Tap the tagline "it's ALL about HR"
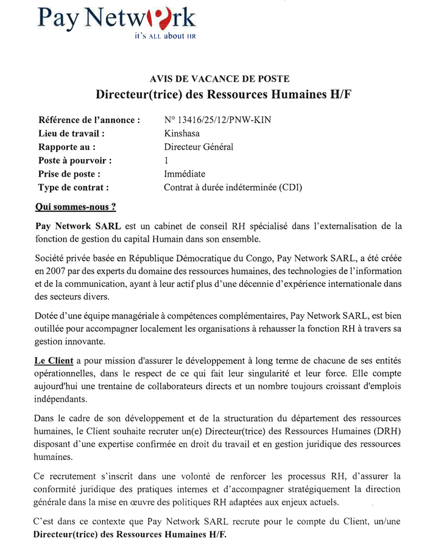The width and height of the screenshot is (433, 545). pyautogui.click(x=165, y=37)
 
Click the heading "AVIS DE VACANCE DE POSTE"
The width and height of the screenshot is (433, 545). pyautogui.click(x=219, y=79)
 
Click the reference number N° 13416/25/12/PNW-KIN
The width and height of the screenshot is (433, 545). pyautogui.click(x=217, y=120)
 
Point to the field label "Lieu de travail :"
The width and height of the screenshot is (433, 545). pyautogui.click(x=71, y=133)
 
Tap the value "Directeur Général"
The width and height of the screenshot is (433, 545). pyautogui.click(x=199, y=147)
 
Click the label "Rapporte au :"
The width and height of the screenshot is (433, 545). pyautogui.click(x=67, y=147)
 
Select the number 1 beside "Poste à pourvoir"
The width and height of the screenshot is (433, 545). pyautogui.click(x=166, y=161)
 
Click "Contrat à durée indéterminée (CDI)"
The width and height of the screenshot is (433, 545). pyautogui.click(x=233, y=188)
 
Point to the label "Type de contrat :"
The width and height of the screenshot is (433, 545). pyautogui.click(x=74, y=188)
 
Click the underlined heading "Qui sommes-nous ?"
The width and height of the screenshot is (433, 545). pyautogui.click(x=76, y=207)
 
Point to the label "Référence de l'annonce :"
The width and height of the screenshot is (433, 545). pyautogui.click(x=89, y=120)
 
